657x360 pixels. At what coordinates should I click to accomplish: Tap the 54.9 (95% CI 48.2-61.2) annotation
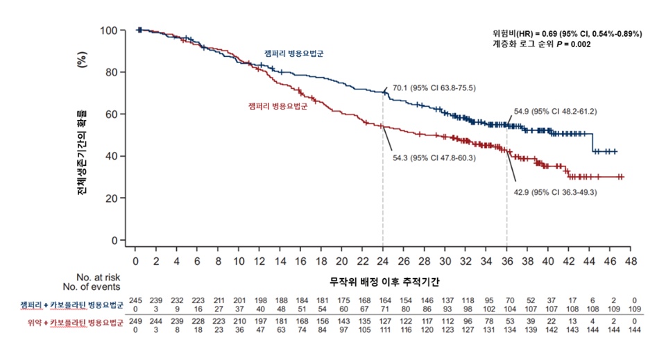[556, 110]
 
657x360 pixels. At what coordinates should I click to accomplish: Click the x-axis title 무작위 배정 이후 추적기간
[384, 282]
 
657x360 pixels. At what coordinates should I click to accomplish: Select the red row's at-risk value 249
[135, 325]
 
